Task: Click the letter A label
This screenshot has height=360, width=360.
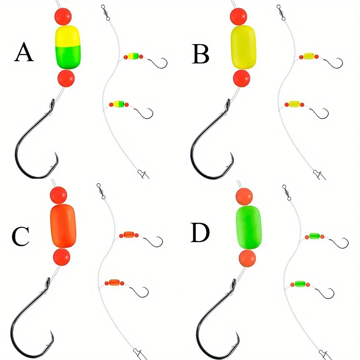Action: click(x=24, y=52)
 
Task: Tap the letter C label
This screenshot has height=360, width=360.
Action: click(x=20, y=237)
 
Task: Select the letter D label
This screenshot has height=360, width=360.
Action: click(x=200, y=233)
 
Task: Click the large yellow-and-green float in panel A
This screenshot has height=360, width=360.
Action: click(x=68, y=47)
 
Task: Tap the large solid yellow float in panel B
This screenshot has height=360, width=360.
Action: click(x=243, y=47)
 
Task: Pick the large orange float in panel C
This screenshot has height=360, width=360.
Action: click(x=63, y=226)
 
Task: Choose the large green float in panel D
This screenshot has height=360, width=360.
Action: click(x=249, y=228)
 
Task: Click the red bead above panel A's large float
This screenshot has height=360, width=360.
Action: click(x=63, y=17)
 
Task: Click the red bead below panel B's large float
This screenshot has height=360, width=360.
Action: click(x=242, y=78)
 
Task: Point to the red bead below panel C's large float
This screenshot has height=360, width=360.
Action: click(x=62, y=257)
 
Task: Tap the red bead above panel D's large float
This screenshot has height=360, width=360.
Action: click(x=244, y=197)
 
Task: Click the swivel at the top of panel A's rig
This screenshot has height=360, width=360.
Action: click(x=106, y=13)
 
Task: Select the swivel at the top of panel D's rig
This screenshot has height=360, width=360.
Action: click(x=287, y=193)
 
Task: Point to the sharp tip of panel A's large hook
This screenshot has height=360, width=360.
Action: click(x=55, y=153)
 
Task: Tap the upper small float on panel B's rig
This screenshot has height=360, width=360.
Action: click(x=309, y=56)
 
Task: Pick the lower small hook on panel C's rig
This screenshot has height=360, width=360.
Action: click(x=139, y=292)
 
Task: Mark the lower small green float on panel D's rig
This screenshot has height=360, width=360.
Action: click(x=300, y=284)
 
